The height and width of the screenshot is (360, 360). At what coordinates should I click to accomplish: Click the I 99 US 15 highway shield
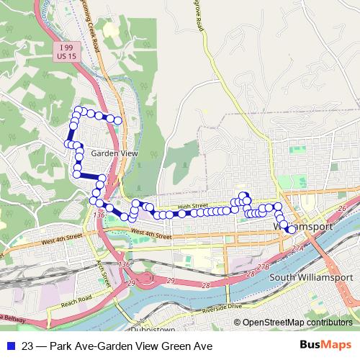click(66, 50)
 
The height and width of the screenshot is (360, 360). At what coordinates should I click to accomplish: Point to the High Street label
click(192, 206)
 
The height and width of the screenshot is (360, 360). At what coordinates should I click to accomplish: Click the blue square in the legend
click(12, 346)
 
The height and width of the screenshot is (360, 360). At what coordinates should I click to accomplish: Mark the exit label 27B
click(262, 266)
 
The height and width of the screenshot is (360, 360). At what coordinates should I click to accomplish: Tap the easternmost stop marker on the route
click(290, 229)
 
